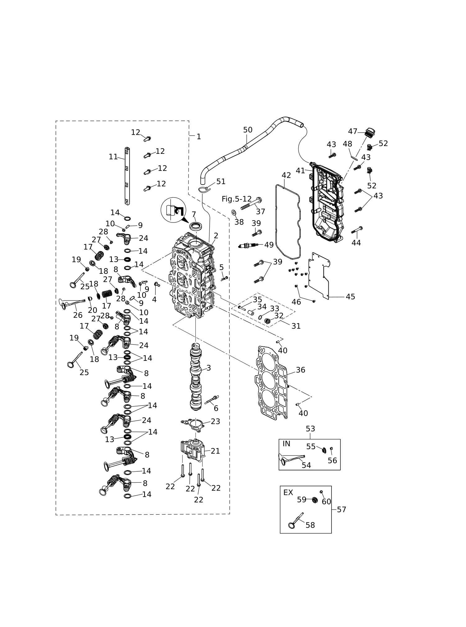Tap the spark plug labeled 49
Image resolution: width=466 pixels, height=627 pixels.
pos(248,245)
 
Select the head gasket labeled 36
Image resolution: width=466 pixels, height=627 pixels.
pos(271,382)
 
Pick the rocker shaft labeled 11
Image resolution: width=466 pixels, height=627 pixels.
pos(127,176)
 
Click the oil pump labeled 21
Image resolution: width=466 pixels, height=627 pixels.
pos(193,451)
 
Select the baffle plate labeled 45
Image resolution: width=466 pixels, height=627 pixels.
pos(319,276)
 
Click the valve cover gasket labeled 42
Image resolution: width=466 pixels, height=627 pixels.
pos(288,222)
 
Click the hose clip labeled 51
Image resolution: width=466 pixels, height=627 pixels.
pos(204,189)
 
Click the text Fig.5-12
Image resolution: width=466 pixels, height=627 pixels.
pos(236,199)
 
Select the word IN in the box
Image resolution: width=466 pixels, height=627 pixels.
pos(286,444)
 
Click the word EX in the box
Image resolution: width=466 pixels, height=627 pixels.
pos(288,492)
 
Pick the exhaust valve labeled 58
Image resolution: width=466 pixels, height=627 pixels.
pos(295,520)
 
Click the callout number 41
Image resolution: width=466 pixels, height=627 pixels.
pos(300,171)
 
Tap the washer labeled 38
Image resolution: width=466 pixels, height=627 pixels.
pos(234,213)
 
